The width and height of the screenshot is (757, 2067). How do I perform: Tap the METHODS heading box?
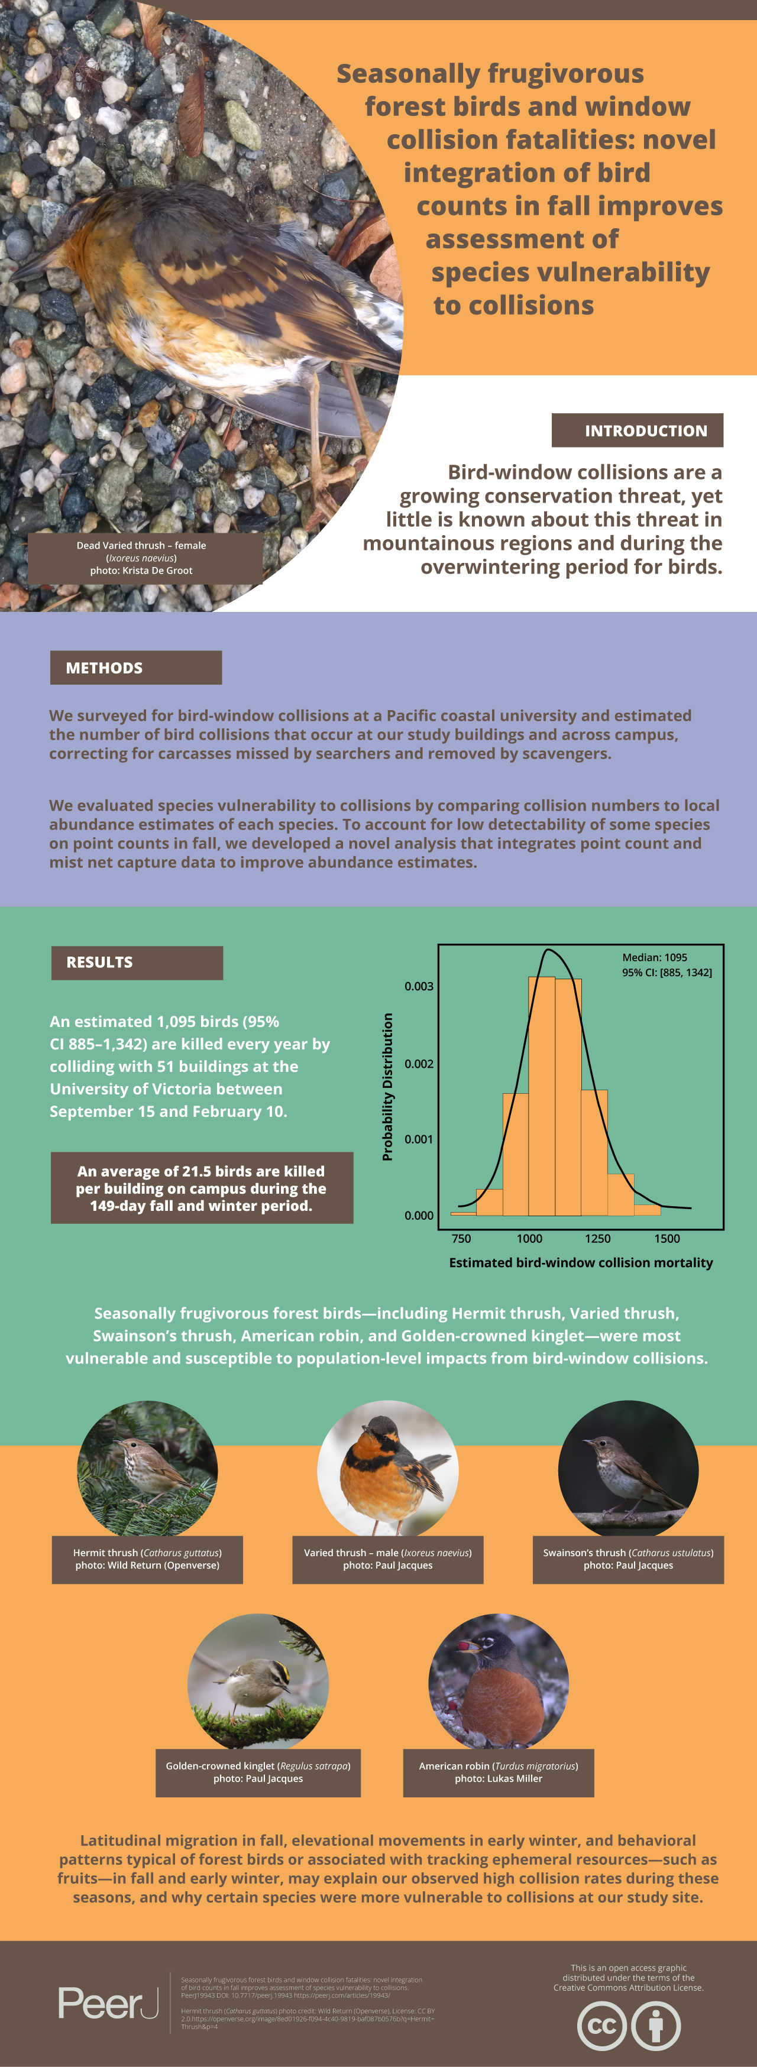click(x=135, y=668)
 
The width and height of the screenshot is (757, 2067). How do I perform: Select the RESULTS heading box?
click(x=137, y=962)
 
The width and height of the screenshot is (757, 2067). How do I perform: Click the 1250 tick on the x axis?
click(x=597, y=1238)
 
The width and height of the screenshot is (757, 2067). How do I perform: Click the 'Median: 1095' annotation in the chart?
click(x=654, y=957)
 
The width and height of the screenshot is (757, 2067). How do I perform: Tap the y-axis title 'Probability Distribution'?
click(x=388, y=1087)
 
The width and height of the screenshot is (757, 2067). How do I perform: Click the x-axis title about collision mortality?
click(x=580, y=1262)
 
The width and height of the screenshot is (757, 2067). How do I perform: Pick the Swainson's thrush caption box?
click(x=627, y=1559)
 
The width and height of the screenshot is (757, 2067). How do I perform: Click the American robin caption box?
click(x=499, y=1772)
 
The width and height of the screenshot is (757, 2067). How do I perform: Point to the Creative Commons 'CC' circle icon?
click(x=602, y=2025)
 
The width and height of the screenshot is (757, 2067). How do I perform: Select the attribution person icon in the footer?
click(x=656, y=2025)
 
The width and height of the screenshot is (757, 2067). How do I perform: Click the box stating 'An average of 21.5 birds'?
click(x=202, y=1188)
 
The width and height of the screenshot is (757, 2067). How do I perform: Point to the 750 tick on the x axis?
click(x=461, y=1238)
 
